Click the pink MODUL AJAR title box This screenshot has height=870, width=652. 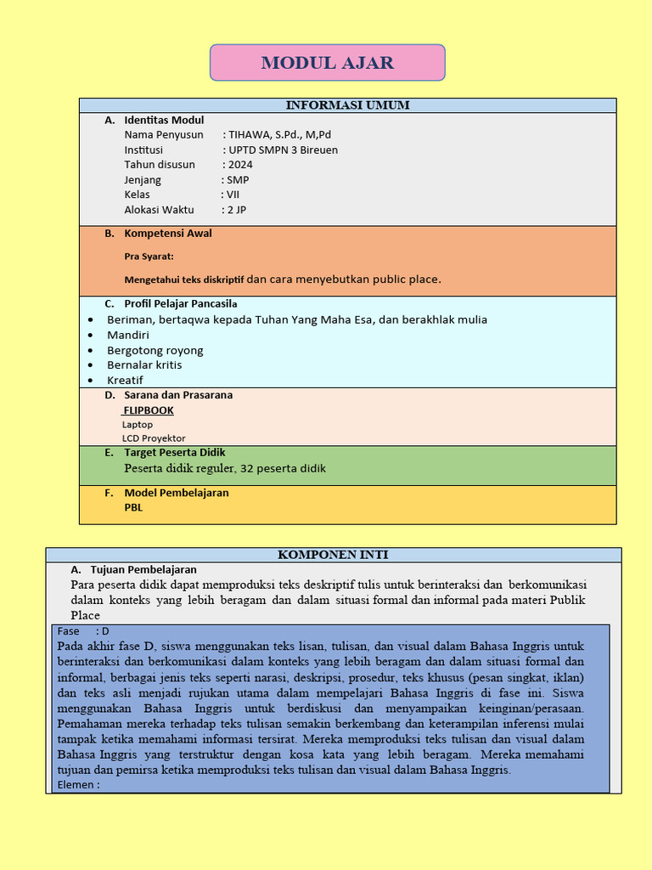point(327,63)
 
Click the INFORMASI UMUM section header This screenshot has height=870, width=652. point(347,105)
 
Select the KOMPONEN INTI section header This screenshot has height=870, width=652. point(333,555)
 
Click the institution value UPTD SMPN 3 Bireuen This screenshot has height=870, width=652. point(284,150)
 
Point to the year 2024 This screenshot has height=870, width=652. point(239,165)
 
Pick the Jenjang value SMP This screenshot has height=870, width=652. point(238,180)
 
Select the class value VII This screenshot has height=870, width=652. point(232,195)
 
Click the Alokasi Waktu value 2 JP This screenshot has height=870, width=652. point(235,210)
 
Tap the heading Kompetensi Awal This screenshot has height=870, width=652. point(168,234)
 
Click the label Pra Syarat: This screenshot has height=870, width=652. point(149,256)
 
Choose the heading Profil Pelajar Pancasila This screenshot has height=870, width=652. point(181,303)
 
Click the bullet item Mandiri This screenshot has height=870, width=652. point(128,335)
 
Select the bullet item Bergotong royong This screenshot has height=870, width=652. point(155,350)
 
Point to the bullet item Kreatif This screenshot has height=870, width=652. point(125,380)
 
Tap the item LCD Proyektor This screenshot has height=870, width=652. point(154,438)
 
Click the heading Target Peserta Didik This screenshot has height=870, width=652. point(175,453)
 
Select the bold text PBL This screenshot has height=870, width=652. point(133,507)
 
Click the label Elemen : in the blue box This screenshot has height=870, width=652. point(78,785)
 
